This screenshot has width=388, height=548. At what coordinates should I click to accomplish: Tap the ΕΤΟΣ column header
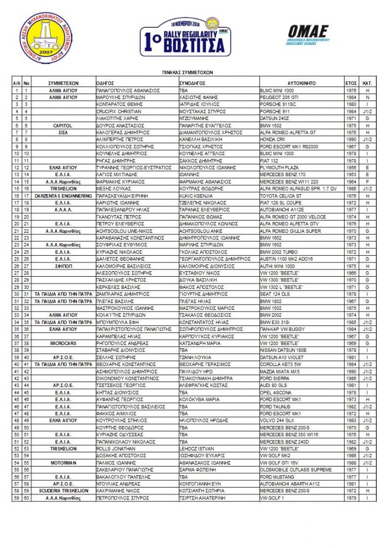click(351, 84)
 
